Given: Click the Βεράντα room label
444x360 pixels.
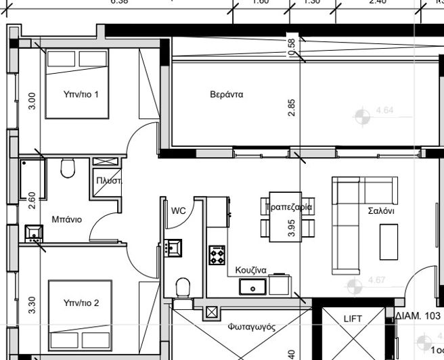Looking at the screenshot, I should (x=226, y=95).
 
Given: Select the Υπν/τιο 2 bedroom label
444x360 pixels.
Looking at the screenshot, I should (x=81, y=303).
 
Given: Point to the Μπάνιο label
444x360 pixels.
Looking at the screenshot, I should (x=66, y=219).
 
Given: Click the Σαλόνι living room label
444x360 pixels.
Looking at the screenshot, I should (x=381, y=210).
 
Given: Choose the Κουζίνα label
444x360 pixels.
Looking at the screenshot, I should (x=250, y=270).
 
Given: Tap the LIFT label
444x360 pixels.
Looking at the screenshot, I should (x=353, y=319).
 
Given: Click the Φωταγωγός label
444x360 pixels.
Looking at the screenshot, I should (x=251, y=326).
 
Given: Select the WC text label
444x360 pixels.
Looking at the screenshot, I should (x=178, y=210).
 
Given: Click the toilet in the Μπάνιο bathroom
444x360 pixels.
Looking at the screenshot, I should (x=67, y=167).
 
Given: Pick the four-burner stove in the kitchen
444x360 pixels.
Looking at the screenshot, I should (x=217, y=255).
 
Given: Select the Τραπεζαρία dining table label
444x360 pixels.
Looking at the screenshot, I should (x=289, y=206).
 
